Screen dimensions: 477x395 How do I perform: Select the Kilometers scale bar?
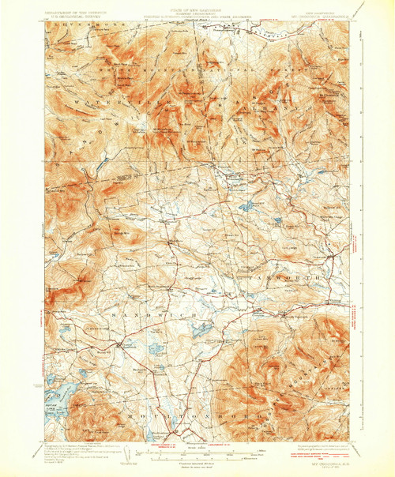point(197,460)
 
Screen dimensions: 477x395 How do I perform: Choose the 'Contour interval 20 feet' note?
point(197,466)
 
